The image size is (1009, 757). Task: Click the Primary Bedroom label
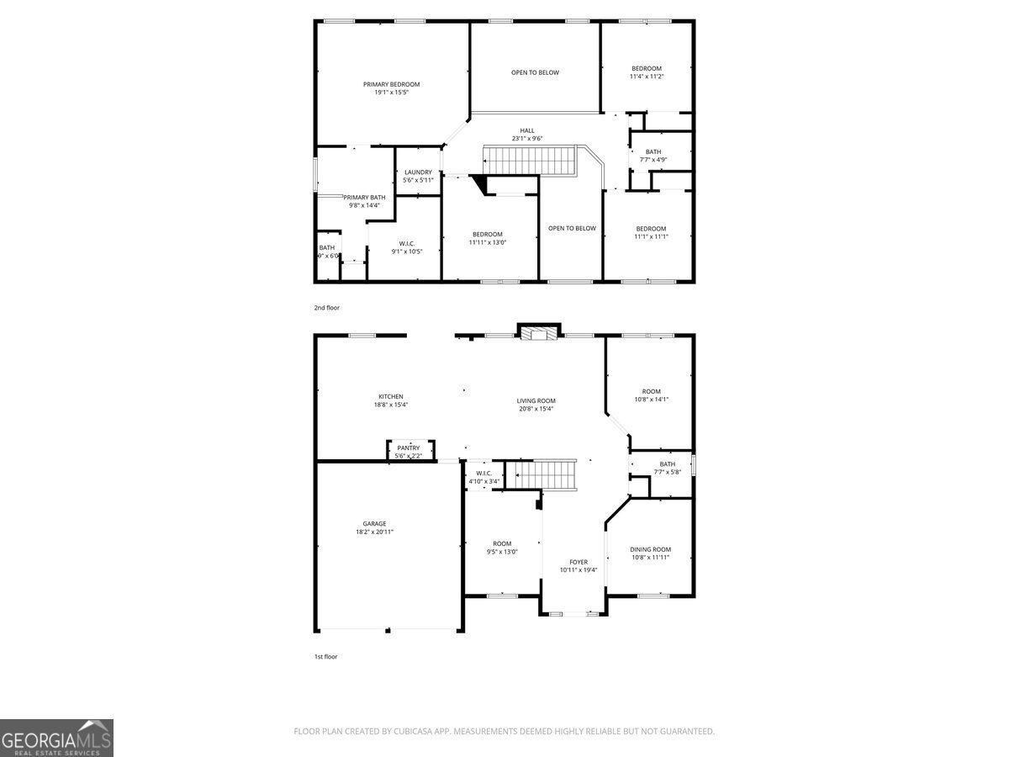pyautogui.click(x=391, y=84)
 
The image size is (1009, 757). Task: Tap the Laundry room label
pyautogui.click(x=418, y=172)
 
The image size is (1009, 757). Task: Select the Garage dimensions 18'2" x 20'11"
pyautogui.click(x=374, y=532)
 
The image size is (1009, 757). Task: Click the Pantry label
pyautogui.click(x=409, y=448)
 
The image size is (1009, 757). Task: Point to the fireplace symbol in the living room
pyautogui.click(x=537, y=334)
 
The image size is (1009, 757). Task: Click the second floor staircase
pyautogui.click(x=527, y=159)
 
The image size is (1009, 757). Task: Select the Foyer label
pyautogui.click(x=578, y=562)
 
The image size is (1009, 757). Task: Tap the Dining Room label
pyautogui.click(x=651, y=549)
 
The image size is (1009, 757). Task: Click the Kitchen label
pyautogui.click(x=390, y=396)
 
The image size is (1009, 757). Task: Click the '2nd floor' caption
pyautogui.click(x=326, y=308)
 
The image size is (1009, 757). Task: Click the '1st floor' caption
pyautogui.click(x=325, y=656)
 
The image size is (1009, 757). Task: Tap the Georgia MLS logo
pyautogui.click(x=56, y=738)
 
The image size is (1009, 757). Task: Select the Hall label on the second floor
pyautogui.click(x=526, y=130)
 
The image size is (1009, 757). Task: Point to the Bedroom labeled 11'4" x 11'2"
pyautogui.click(x=647, y=68)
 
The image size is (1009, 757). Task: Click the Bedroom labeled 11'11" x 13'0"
pyautogui.click(x=487, y=234)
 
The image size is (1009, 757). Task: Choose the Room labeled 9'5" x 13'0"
pyautogui.click(x=502, y=543)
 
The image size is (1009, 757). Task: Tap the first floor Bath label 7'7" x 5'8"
pyautogui.click(x=667, y=464)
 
